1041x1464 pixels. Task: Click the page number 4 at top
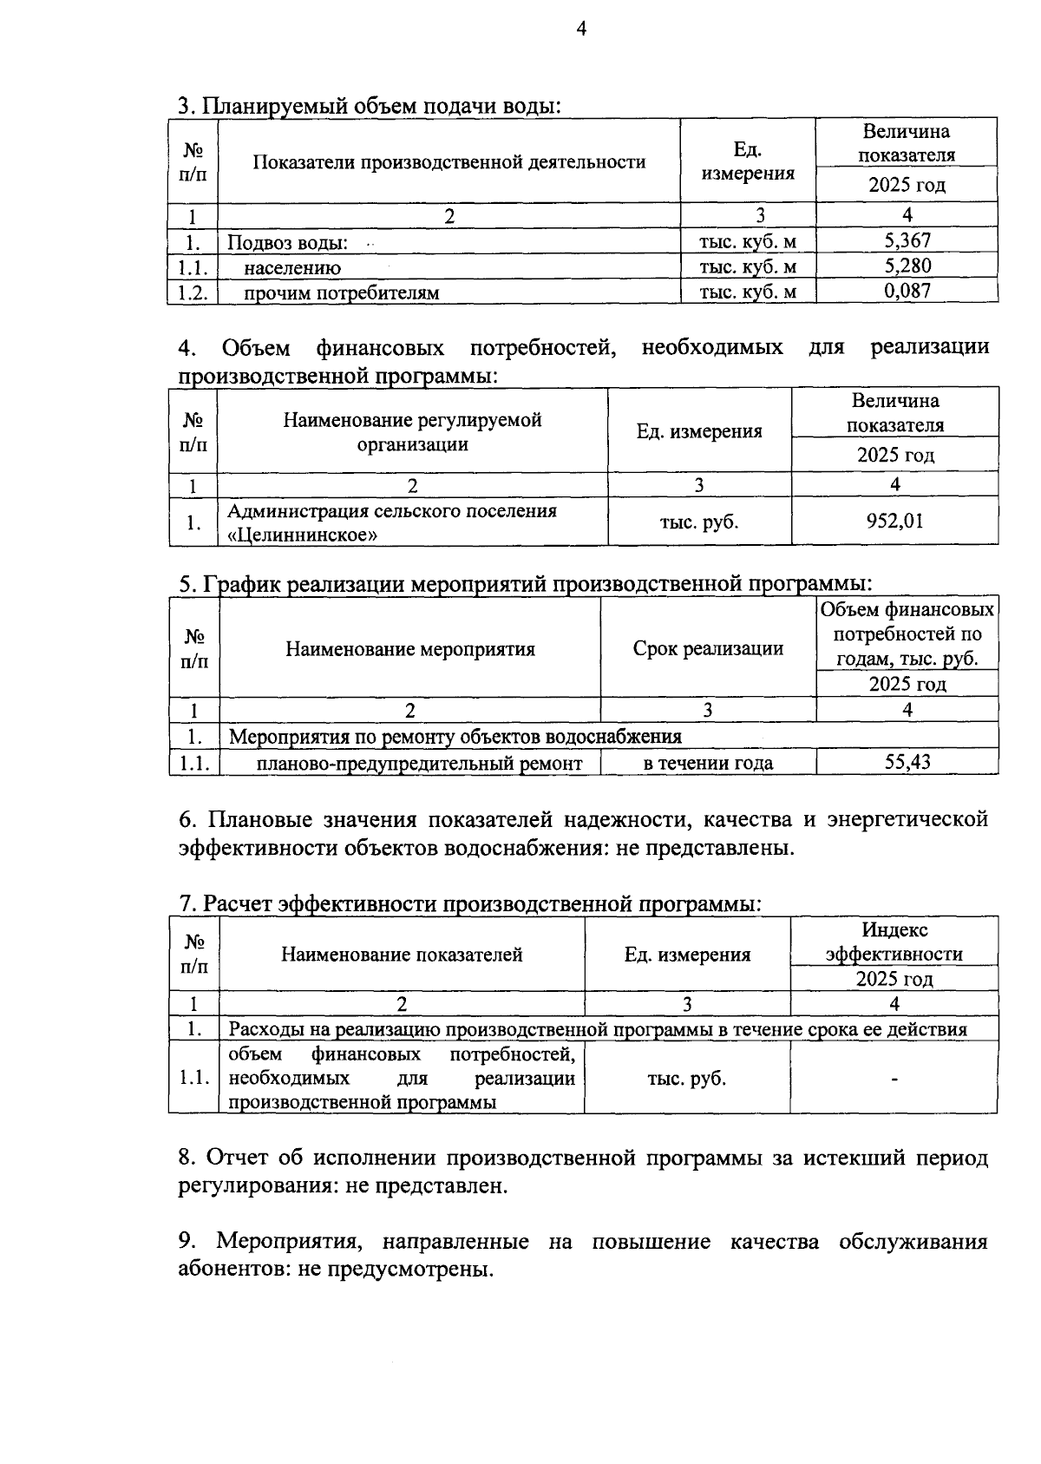pos(581,30)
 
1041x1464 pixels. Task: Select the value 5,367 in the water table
pos(907,240)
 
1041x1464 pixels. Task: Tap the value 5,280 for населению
pos(907,266)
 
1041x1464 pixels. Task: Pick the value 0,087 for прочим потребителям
pos(907,291)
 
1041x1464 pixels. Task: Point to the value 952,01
pos(894,521)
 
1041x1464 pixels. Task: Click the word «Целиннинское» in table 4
pos(303,535)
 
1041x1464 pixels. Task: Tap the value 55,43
pos(907,762)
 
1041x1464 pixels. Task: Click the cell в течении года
pos(708,764)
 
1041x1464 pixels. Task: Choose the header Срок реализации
pos(708,648)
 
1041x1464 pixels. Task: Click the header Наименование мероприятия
pos(410,649)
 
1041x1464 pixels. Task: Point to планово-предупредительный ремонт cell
pos(419,764)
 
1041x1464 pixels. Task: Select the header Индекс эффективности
pos(894,942)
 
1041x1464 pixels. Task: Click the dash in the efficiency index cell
pos(894,1080)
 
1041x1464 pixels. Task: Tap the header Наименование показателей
pos(402,955)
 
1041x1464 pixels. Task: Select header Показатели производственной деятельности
pos(448,162)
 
